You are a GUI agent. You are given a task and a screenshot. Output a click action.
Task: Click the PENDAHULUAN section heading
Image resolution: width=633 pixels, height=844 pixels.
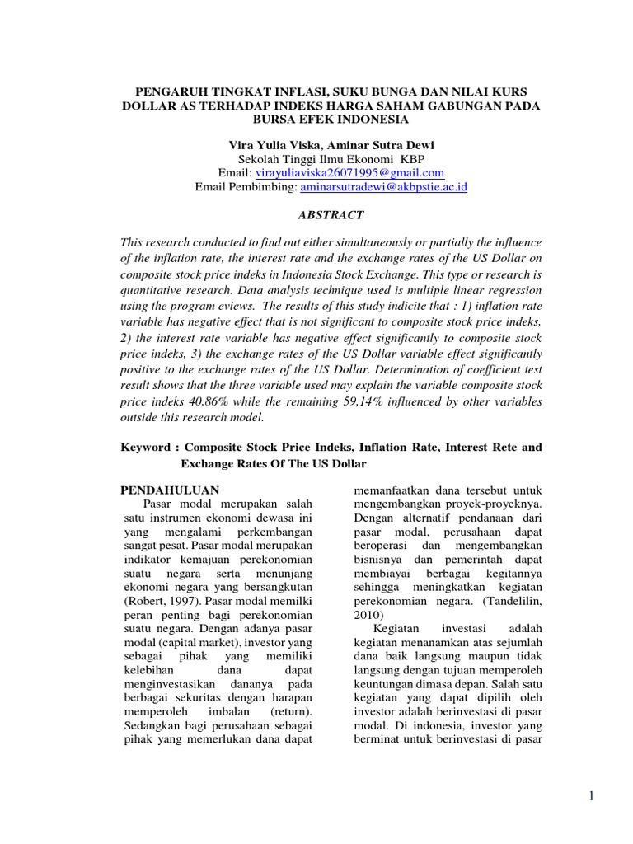tap(170, 490)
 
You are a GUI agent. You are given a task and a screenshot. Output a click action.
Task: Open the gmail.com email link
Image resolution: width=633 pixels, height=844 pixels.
tap(349, 173)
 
